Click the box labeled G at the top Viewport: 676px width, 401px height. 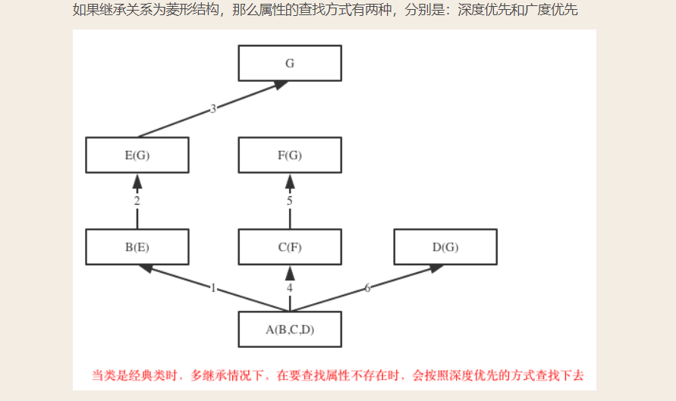tap(289, 64)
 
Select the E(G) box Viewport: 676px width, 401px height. tap(137, 155)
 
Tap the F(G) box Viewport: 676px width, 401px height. tap(289, 155)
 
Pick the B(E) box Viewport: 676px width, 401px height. tap(137, 247)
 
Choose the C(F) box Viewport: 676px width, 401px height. tap(289, 247)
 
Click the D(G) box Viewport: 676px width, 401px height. tap(445, 247)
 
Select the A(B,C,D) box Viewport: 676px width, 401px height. tap(289, 329)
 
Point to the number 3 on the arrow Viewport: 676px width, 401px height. tap(213, 109)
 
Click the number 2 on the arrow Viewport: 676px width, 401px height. tap(137, 201)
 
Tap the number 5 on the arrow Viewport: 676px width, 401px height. tap(289, 201)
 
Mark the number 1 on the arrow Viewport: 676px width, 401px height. tap(213, 288)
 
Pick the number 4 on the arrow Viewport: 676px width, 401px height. tap(289, 288)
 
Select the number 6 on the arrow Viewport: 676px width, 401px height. tap(368, 288)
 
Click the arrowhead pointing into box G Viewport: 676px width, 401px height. tap(281, 85)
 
